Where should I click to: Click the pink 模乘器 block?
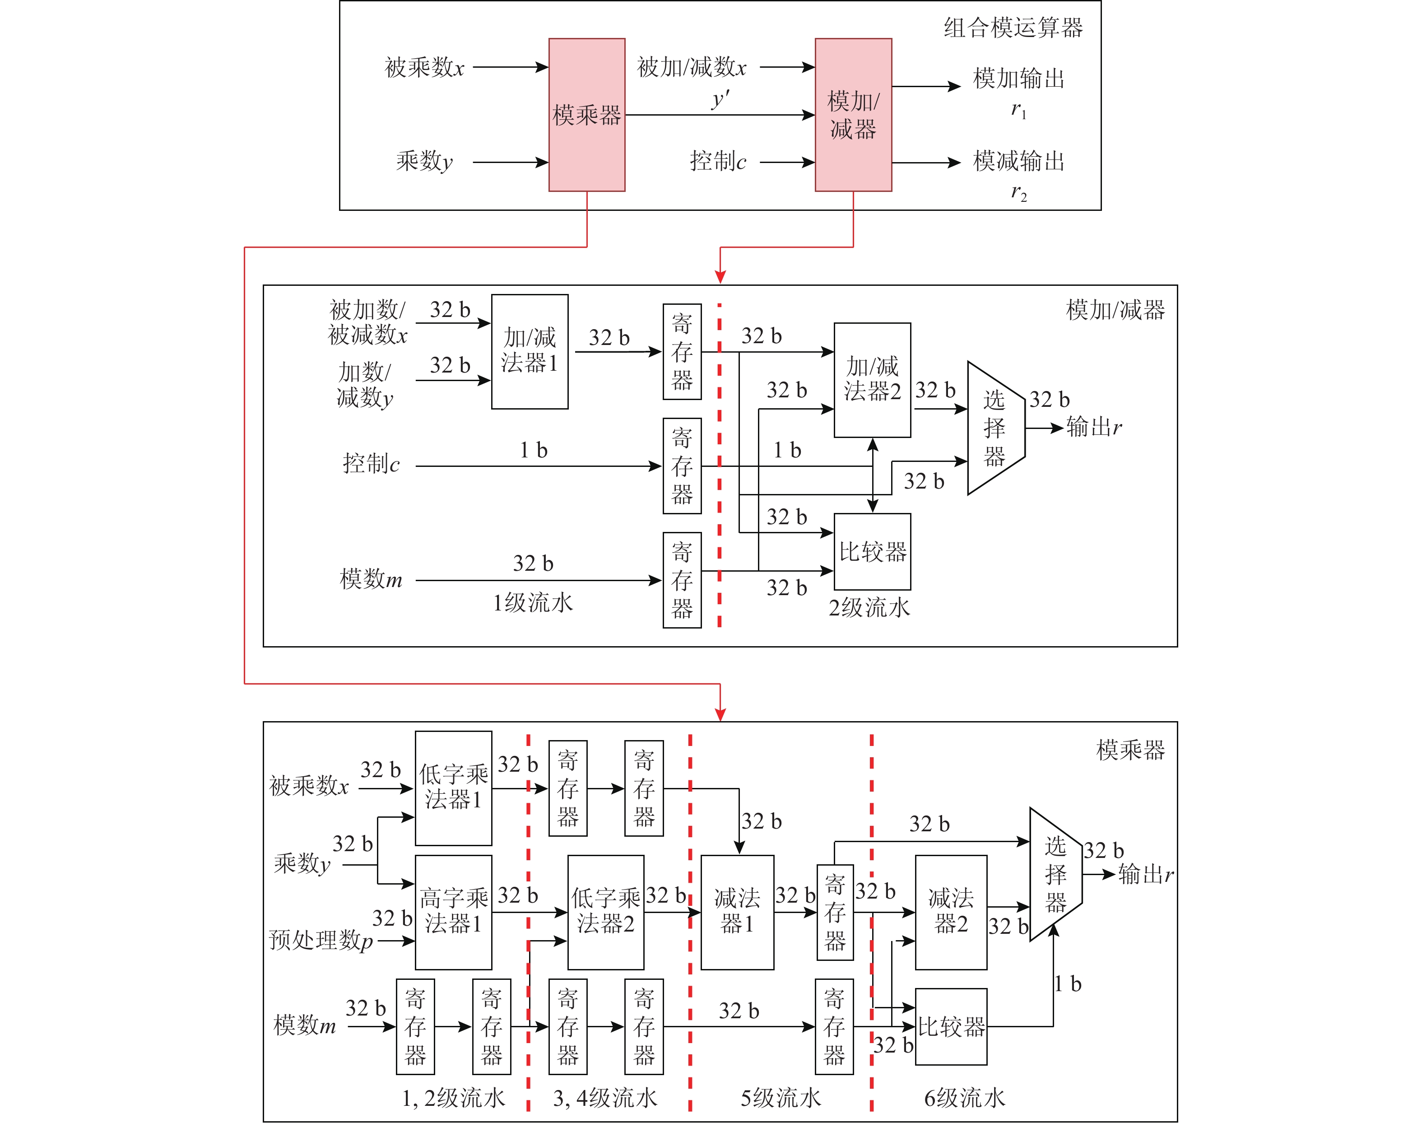click(586, 115)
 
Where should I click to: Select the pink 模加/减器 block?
click(853, 115)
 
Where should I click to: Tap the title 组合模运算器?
click(1013, 28)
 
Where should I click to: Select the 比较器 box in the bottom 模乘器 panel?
click(951, 1026)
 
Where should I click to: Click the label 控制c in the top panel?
click(717, 161)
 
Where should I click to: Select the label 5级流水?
click(781, 1097)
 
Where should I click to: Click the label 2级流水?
click(869, 607)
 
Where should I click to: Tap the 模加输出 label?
click(1018, 79)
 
